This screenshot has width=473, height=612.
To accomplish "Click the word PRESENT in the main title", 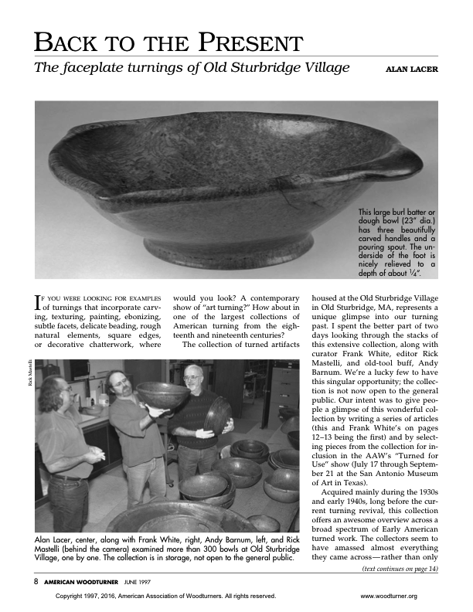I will (x=249, y=42).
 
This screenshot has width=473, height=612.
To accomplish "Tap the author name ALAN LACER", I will (x=411, y=70).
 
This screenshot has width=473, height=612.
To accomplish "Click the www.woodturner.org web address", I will (x=389, y=597).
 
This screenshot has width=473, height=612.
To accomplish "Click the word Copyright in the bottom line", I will (x=73, y=597).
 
